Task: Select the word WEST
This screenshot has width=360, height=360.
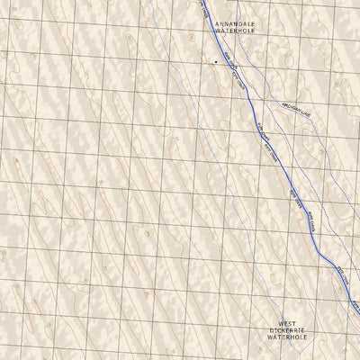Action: (x=286, y=323)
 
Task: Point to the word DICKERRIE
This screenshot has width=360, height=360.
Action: (x=286, y=331)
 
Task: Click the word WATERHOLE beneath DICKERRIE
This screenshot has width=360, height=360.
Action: (x=286, y=339)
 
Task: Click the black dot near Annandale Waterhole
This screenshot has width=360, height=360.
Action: (x=216, y=61)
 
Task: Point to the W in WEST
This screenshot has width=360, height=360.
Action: (x=280, y=323)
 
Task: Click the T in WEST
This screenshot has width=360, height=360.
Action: (x=293, y=323)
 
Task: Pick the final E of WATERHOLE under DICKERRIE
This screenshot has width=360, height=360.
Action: (x=307, y=339)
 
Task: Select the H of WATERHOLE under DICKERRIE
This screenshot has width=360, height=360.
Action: (x=291, y=339)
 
